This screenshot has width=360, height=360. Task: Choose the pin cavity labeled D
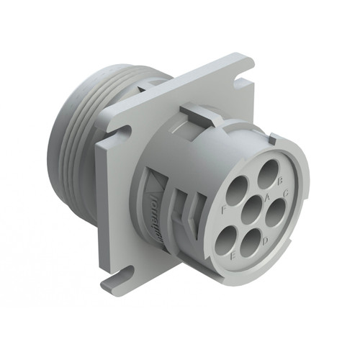(251, 247)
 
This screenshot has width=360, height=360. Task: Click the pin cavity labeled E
(229, 238)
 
